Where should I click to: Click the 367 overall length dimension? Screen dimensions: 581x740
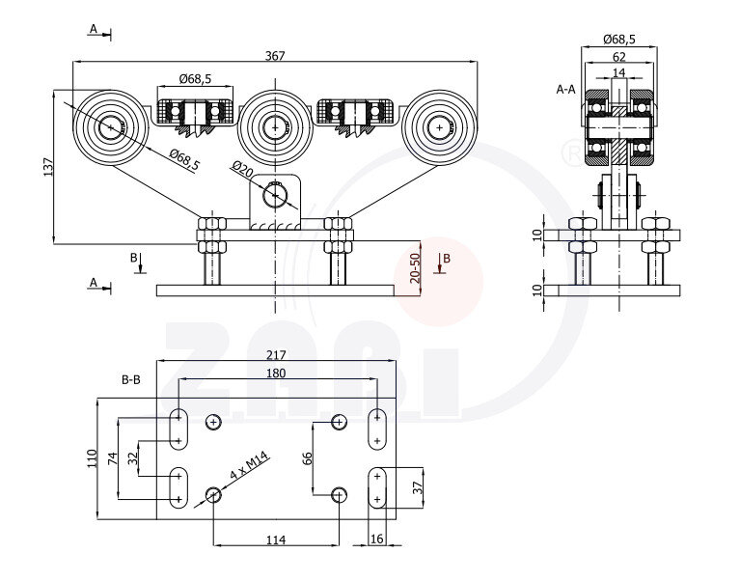tap(275, 56)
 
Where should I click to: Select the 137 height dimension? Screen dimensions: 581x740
tap(48, 167)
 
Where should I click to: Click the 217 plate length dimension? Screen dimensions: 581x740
tap(276, 355)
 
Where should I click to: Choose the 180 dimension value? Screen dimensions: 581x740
tap(276, 373)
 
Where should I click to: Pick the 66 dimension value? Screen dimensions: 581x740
tap(307, 456)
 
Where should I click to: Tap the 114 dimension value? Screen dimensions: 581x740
tap(275, 539)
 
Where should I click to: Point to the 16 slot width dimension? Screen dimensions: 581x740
tap(375, 539)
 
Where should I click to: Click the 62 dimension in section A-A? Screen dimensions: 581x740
tap(617, 57)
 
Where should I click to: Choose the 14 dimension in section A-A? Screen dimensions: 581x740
tap(618, 72)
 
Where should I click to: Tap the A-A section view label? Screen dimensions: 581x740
tap(566, 89)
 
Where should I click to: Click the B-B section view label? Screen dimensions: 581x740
tap(131, 380)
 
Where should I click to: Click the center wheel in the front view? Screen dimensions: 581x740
tap(276, 126)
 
